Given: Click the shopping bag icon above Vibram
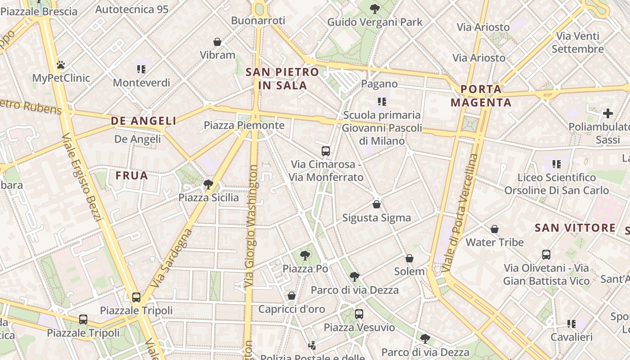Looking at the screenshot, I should click(x=217, y=42).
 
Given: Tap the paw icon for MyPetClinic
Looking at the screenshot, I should click(x=61, y=65).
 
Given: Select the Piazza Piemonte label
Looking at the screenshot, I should click(x=244, y=125).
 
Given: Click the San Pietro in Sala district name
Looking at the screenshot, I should click(x=282, y=79).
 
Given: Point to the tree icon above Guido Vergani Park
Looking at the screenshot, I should click(x=374, y=9).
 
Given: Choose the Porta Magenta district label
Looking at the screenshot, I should click(x=481, y=96).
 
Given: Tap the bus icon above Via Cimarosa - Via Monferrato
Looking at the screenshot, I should click(x=326, y=151).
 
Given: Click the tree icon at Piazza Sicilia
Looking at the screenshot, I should click(x=208, y=184).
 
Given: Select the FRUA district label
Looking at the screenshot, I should click(x=132, y=175).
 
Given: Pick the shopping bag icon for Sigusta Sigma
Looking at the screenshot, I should click(x=377, y=205).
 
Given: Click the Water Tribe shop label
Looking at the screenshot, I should click(x=495, y=243).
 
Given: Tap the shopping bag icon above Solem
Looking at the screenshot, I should click(x=409, y=258).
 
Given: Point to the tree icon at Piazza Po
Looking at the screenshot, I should click(x=305, y=256).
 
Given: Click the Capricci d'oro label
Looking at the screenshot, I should click(x=292, y=309).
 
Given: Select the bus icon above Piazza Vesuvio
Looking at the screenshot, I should click(x=359, y=314).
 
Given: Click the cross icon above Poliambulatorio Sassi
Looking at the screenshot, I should click(x=608, y=113).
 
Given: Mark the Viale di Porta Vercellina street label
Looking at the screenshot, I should click(x=459, y=213).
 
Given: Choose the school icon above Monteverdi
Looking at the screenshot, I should click(x=141, y=69).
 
